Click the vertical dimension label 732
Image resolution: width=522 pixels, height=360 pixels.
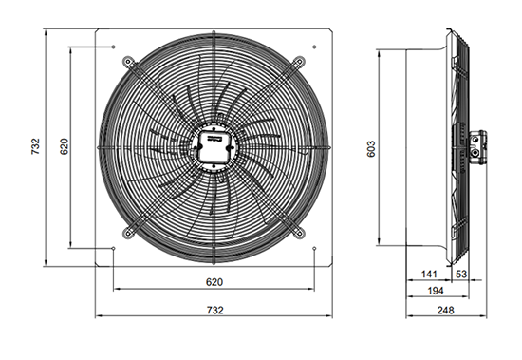tap(35, 146)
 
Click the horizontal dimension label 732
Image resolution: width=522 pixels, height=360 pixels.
tap(215, 311)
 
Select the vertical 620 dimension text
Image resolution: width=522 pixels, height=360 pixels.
tap(64, 146)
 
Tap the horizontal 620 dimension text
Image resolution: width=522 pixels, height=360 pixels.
tap(214, 282)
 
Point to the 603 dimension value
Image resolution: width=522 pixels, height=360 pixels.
tap(371, 149)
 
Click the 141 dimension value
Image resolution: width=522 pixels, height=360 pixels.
tap(429, 275)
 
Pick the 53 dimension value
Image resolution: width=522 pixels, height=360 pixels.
tap(461, 275)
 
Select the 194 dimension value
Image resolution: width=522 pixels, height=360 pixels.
tap(436, 291)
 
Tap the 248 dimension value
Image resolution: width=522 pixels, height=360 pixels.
tap(445, 311)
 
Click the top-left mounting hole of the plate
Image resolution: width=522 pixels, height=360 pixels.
tap(114, 47)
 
